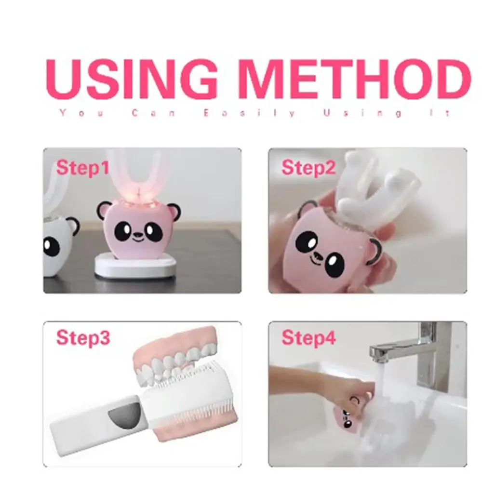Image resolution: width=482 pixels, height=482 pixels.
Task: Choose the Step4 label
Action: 308,337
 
